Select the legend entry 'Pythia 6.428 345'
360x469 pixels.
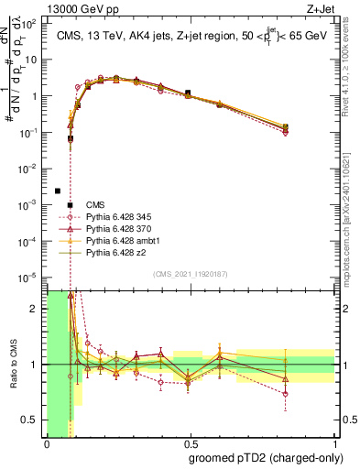click(x=120, y=216)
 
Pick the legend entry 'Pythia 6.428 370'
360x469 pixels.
click(x=120, y=228)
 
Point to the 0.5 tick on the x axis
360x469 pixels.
click(x=190, y=444)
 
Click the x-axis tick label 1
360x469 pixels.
click(x=333, y=444)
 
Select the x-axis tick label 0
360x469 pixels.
click(x=47, y=444)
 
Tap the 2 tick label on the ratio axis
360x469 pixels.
click(x=37, y=309)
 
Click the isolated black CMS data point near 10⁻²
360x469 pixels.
click(x=58, y=191)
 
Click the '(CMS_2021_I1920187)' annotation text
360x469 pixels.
click(x=190, y=274)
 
